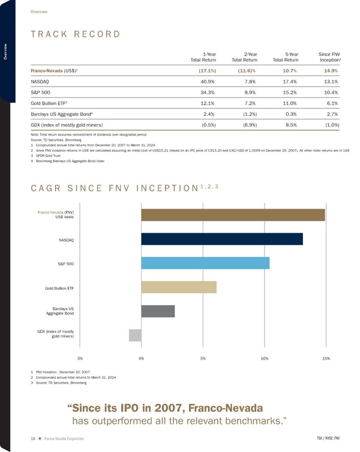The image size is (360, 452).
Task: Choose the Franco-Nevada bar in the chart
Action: [x=233, y=215]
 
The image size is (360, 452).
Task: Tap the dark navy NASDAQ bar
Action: [x=222, y=239]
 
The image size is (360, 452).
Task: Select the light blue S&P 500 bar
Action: [x=205, y=263]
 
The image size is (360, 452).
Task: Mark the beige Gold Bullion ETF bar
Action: [x=179, y=287]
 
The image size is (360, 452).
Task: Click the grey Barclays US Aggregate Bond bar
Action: [x=158, y=311]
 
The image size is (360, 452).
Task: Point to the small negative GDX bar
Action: [x=135, y=336]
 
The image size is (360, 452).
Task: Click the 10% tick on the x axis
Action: [x=265, y=358]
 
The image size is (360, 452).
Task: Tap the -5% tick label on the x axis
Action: [x=79, y=358]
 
